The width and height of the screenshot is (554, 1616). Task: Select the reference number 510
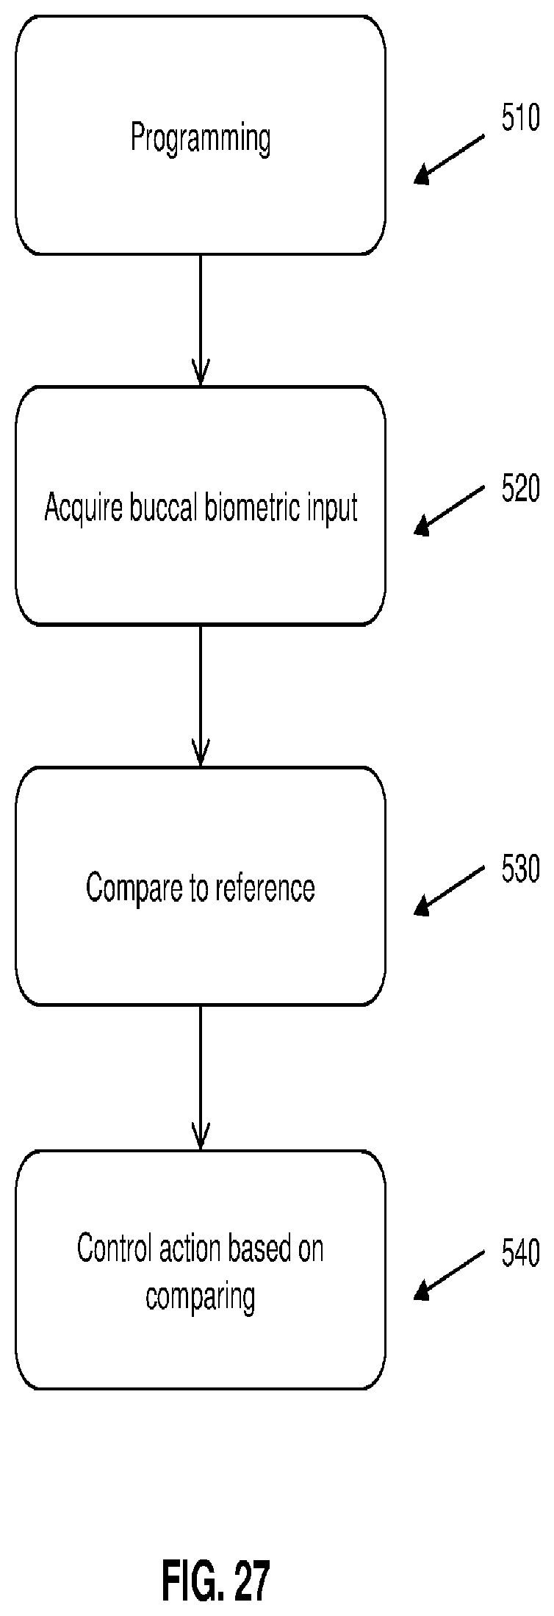click(521, 118)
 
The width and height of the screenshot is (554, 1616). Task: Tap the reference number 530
click(521, 869)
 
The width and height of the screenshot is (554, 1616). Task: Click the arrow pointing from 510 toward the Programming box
click(450, 159)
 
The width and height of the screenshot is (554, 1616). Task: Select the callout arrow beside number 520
click(450, 509)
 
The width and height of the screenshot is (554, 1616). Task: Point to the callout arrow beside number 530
click(450, 890)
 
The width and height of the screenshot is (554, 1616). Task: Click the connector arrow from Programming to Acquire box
click(201, 320)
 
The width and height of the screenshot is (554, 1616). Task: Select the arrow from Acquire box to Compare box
click(201, 695)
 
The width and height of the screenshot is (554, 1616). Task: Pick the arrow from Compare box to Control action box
click(201, 1077)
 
